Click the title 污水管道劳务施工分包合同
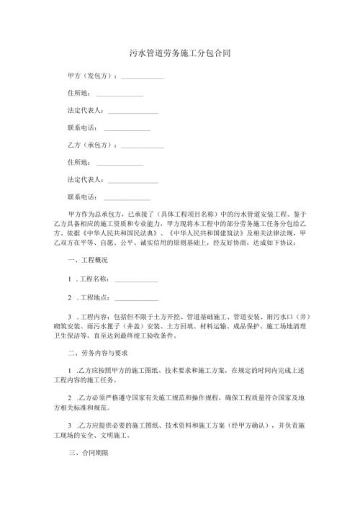point(180,53)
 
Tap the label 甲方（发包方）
point(91,76)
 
